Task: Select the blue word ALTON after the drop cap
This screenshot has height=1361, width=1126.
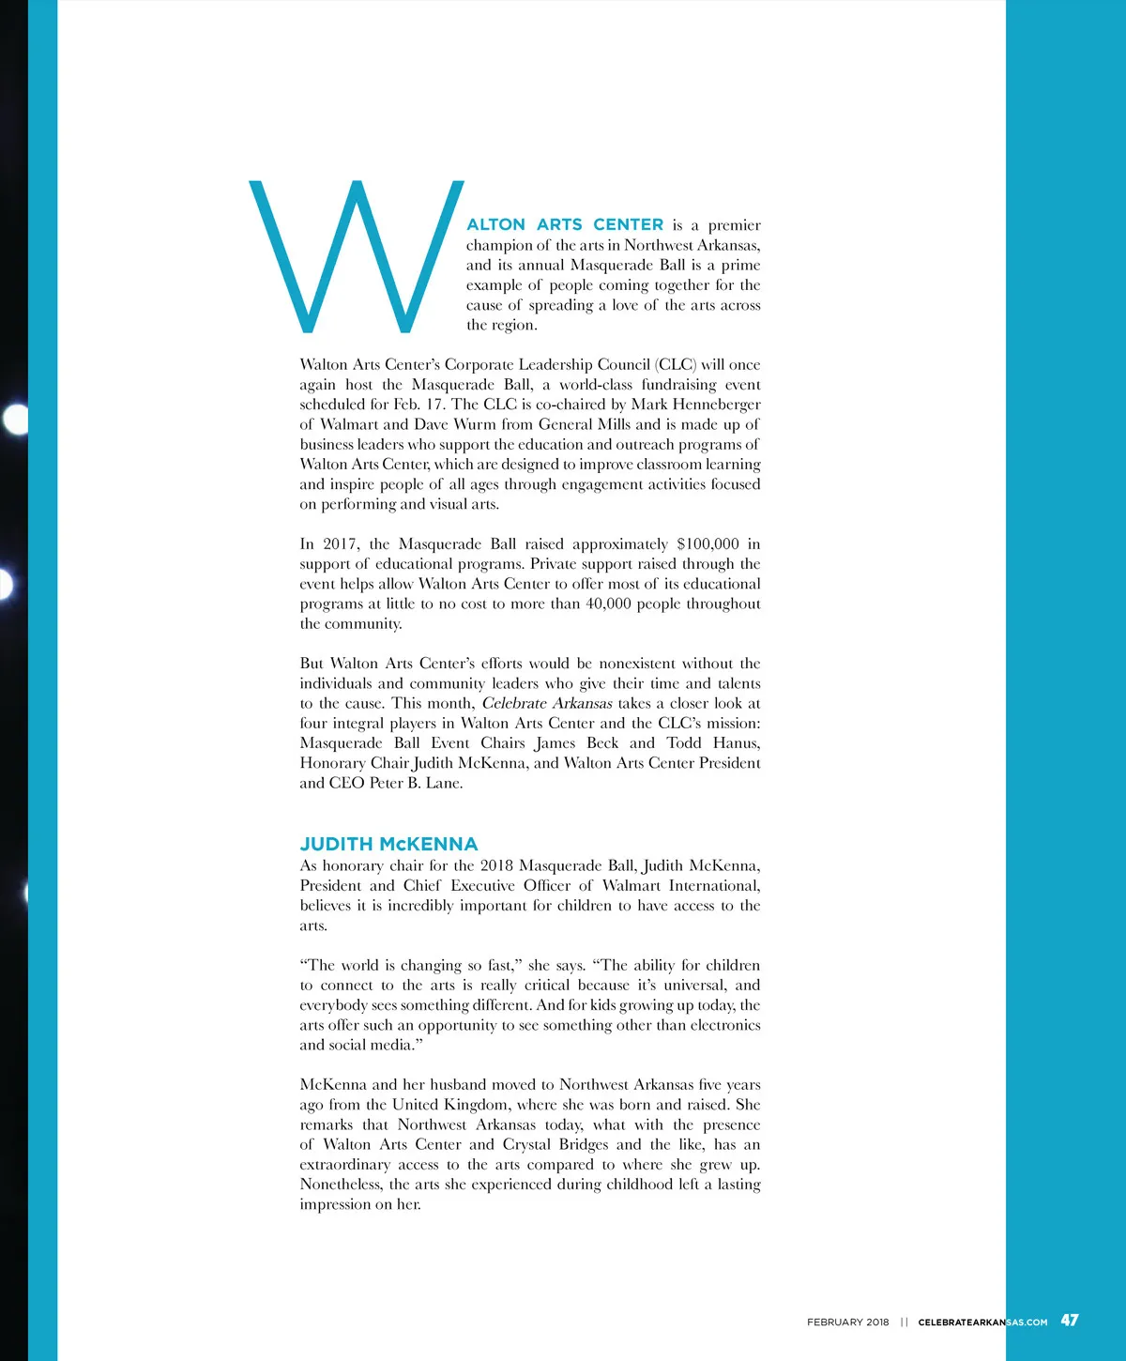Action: pyautogui.click(x=495, y=225)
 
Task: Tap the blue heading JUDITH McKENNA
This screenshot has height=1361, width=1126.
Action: pyautogui.click(x=388, y=844)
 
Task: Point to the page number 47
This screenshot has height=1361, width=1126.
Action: pyautogui.click(x=1070, y=1320)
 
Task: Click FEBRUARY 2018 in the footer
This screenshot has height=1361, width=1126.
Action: pyautogui.click(x=847, y=1322)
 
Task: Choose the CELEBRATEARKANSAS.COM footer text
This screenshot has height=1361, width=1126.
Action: pyautogui.click(x=982, y=1322)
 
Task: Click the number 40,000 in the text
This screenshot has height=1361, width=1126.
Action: pyautogui.click(x=608, y=604)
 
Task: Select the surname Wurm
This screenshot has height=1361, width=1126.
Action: pyautogui.click(x=475, y=424)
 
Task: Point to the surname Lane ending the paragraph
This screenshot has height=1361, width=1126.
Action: pyautogui.click(x=443, y=783)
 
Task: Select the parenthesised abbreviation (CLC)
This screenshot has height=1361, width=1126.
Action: pyautogui.click(x=676, y=364)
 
